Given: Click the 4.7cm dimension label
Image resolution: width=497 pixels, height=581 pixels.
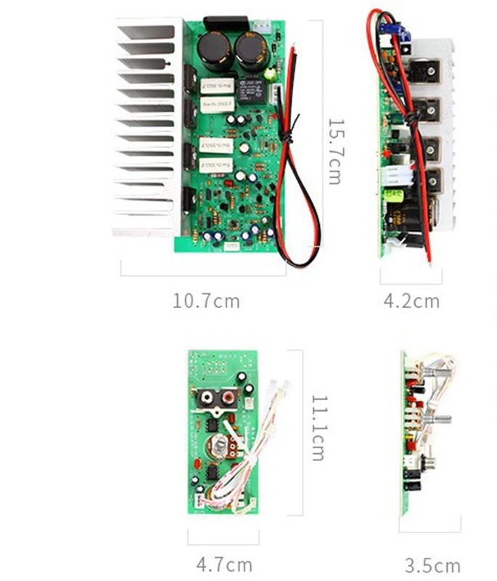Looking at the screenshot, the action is [x=224, y=564].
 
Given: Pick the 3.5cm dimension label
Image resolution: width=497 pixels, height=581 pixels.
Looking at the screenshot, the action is [x=432, y=565].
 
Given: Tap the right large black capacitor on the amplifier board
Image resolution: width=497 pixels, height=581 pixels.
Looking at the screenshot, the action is [x=248, y=49].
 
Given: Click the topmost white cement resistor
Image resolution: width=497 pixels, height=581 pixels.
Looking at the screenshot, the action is [x=216, y=86].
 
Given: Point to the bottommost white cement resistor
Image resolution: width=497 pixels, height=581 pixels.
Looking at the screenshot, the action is [x=216, y=166].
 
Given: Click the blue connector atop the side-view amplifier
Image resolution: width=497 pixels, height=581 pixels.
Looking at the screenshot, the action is [x=395, y=31].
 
